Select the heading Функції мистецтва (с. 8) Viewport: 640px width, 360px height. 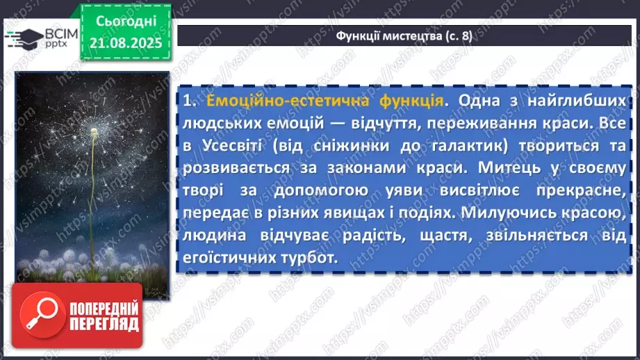pos(404,36)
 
